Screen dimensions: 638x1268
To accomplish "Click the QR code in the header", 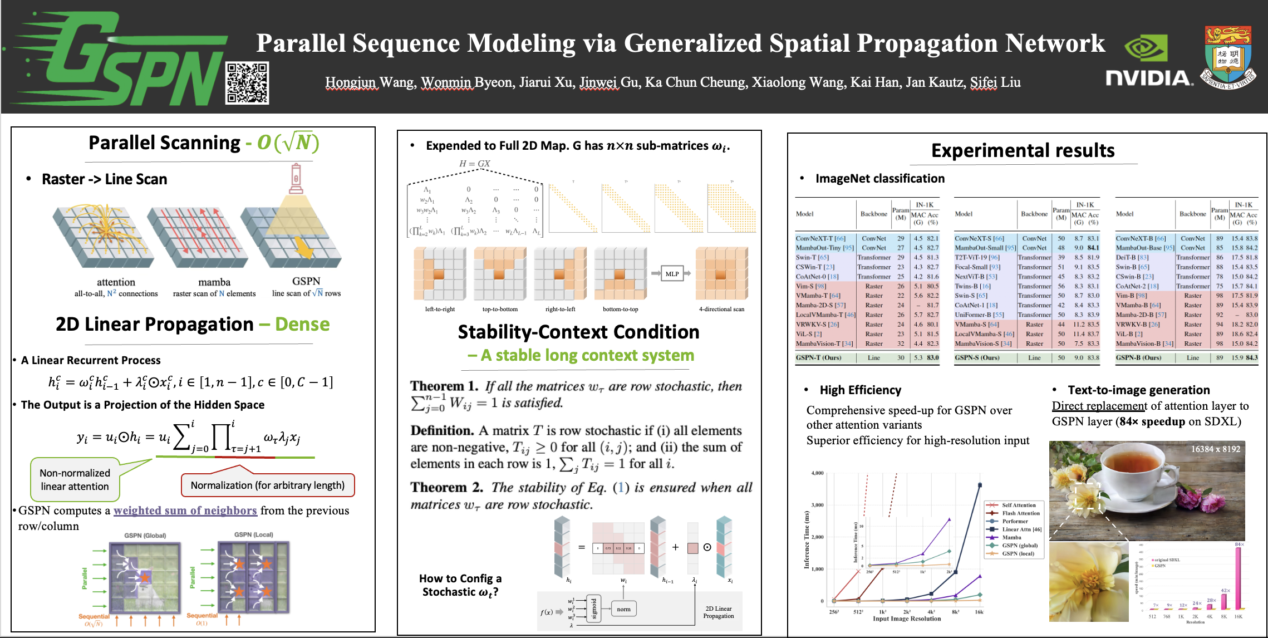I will point(247,83).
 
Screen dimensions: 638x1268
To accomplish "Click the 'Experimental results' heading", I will point(1023,151).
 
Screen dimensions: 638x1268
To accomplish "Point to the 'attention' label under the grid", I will point(116,282).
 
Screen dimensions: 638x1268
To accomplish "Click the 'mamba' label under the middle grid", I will point(214,282).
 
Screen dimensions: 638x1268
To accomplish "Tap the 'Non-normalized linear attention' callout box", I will point(75,479).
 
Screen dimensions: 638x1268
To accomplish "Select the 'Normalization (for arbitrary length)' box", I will point(268,485).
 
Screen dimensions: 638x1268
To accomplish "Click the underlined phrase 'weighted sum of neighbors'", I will point(185,511).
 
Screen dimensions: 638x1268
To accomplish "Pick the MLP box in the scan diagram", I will point(672,274).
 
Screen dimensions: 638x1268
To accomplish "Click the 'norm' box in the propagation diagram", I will point(623,609).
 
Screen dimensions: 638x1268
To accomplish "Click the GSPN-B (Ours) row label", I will point(1138,358).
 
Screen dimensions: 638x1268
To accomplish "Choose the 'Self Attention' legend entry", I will point(1019,506).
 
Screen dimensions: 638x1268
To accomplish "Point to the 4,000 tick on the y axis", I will point(817,473).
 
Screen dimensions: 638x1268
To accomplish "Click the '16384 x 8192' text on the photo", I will point(1215,449).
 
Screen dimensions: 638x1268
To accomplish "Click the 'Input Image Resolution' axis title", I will point(907,619).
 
